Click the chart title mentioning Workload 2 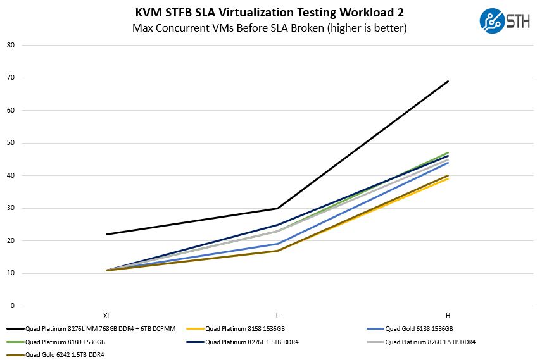(270, 13)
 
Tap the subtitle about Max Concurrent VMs (270, 28)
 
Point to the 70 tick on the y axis (11, 78)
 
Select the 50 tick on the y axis (11, 143)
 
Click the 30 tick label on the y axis (11, 208)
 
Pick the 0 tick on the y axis (12, 306)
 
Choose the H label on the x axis (448, 315)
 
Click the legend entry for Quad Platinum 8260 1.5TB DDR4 (430, 342)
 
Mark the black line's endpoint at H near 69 (448, 81)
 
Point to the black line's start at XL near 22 (106, 234)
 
